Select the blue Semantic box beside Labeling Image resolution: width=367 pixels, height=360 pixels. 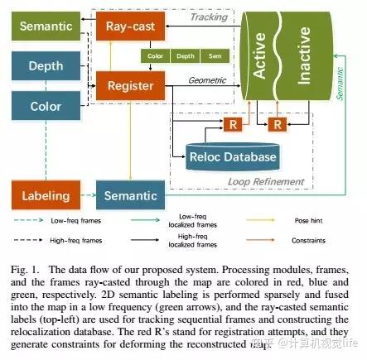[130, 196]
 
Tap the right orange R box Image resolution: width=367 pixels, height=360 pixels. [276, 124]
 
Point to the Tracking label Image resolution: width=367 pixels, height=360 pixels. [210, 17]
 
